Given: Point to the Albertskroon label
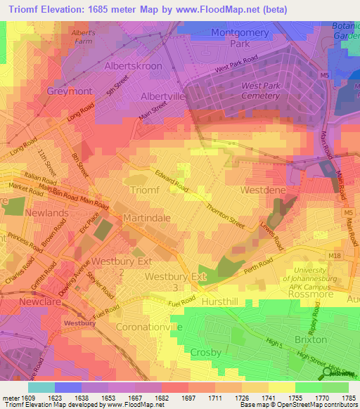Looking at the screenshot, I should [x=133, y=66].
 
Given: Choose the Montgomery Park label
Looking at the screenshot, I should [x=240, y=37].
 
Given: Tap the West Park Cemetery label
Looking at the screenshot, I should [x=261, y=91].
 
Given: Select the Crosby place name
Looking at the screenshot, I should [x=205, y=352].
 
